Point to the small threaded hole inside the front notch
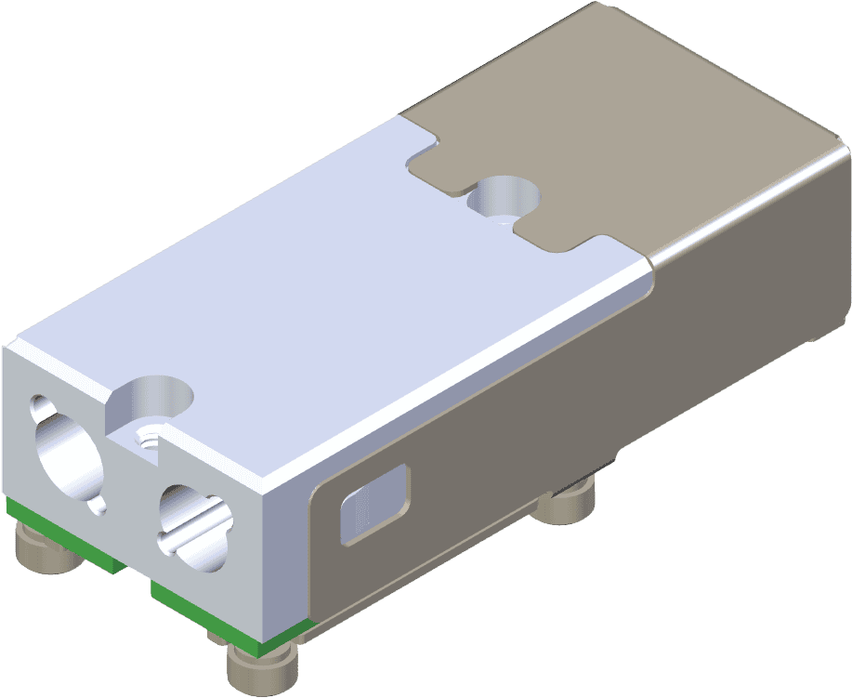tap(147, 437)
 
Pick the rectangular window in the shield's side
tap(374, 503)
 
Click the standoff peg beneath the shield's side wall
tap(568, 503)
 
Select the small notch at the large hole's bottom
tap(97, 507)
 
